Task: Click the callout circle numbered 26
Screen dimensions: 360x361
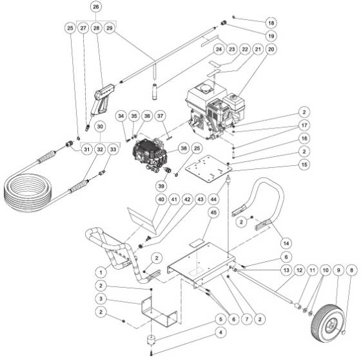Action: (96, 8)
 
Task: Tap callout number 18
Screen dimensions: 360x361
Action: (270, 22)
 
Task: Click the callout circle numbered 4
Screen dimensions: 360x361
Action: (220, 333)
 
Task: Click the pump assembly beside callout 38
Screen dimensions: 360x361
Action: (154, 154)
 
